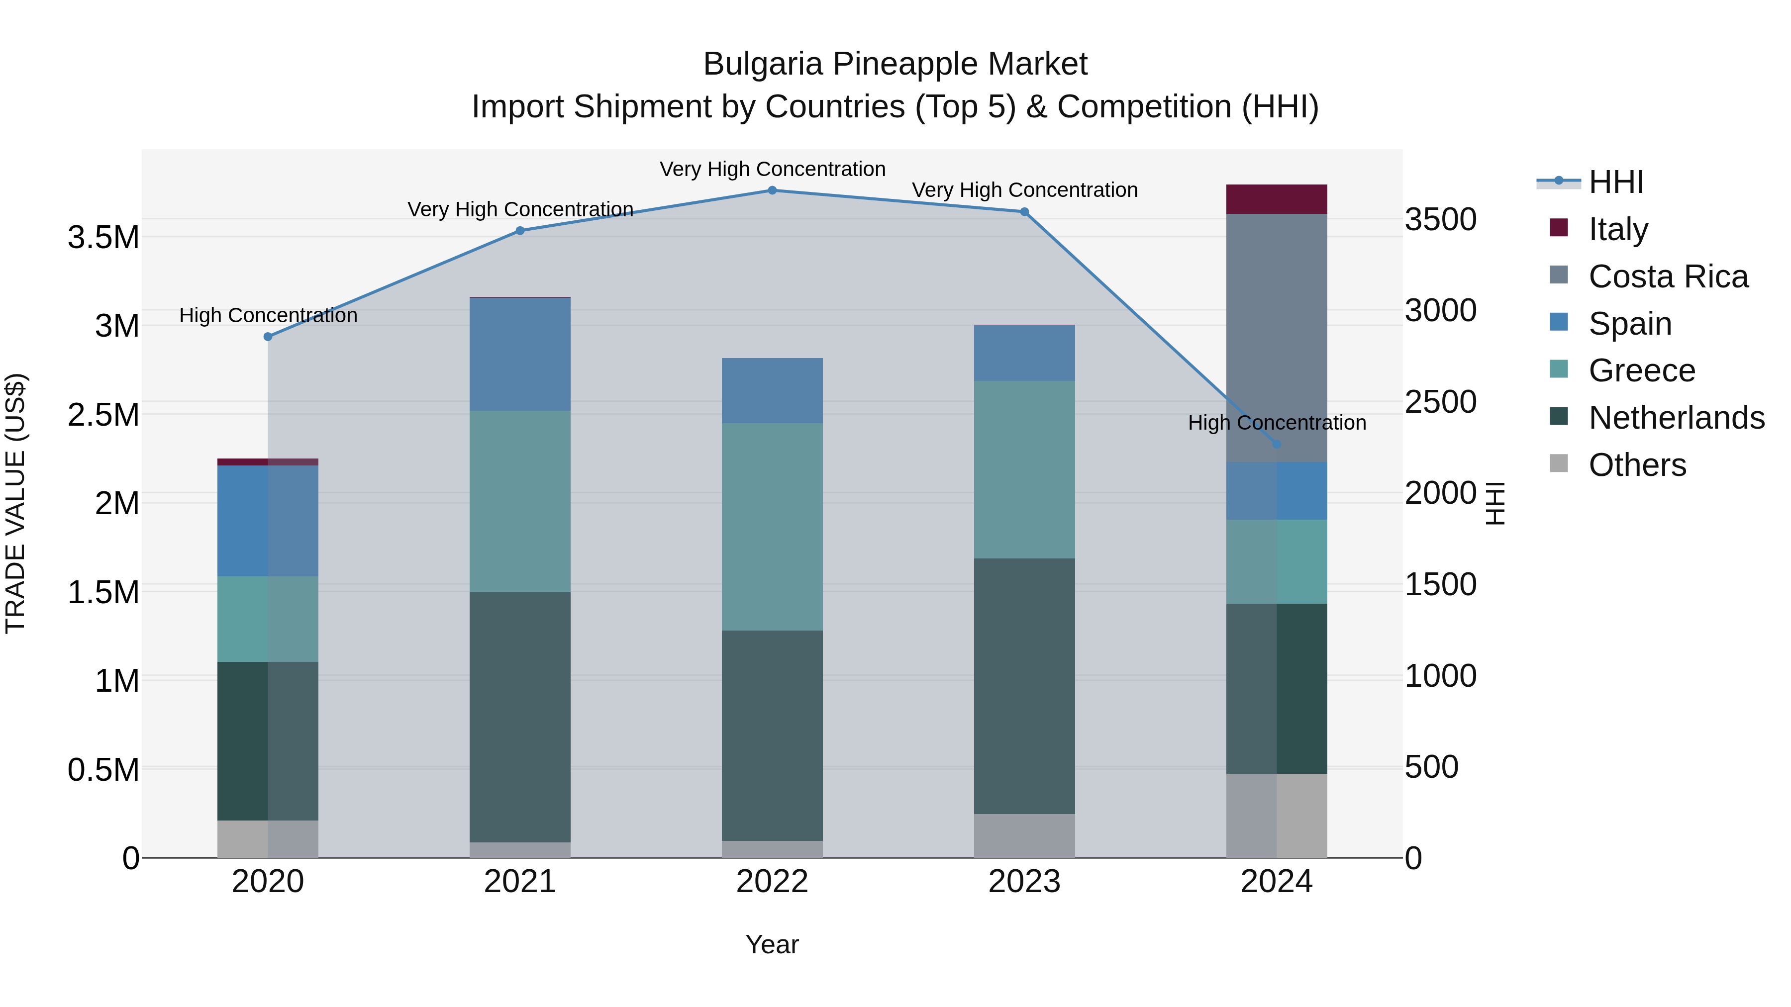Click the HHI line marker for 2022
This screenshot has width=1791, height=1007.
[772, 190]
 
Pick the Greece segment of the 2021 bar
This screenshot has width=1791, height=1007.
[519, 501]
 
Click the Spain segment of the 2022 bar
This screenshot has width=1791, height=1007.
[772, 390]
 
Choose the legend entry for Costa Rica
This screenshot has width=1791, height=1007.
[1667, 276]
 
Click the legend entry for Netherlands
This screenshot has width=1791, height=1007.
[1676, 418]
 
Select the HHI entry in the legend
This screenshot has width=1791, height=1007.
[1615, 182]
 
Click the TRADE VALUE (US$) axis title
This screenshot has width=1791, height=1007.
[15, 503]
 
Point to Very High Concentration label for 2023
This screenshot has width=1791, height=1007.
[1024, 190]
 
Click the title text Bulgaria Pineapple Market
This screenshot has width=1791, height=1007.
[895, 64]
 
